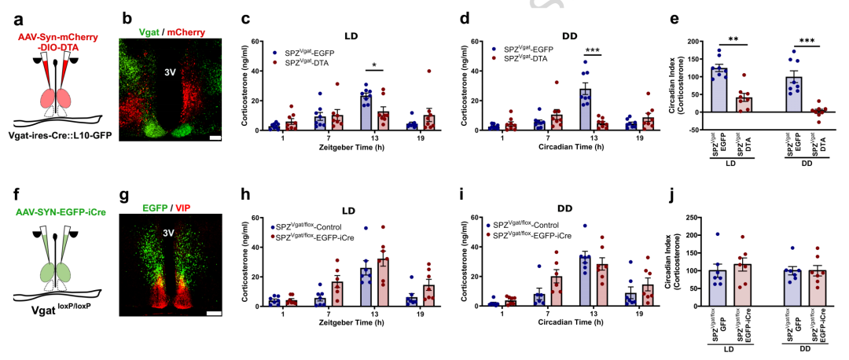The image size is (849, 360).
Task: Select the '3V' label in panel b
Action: pos(169,72)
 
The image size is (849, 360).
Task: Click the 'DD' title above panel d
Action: pos(570,35)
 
